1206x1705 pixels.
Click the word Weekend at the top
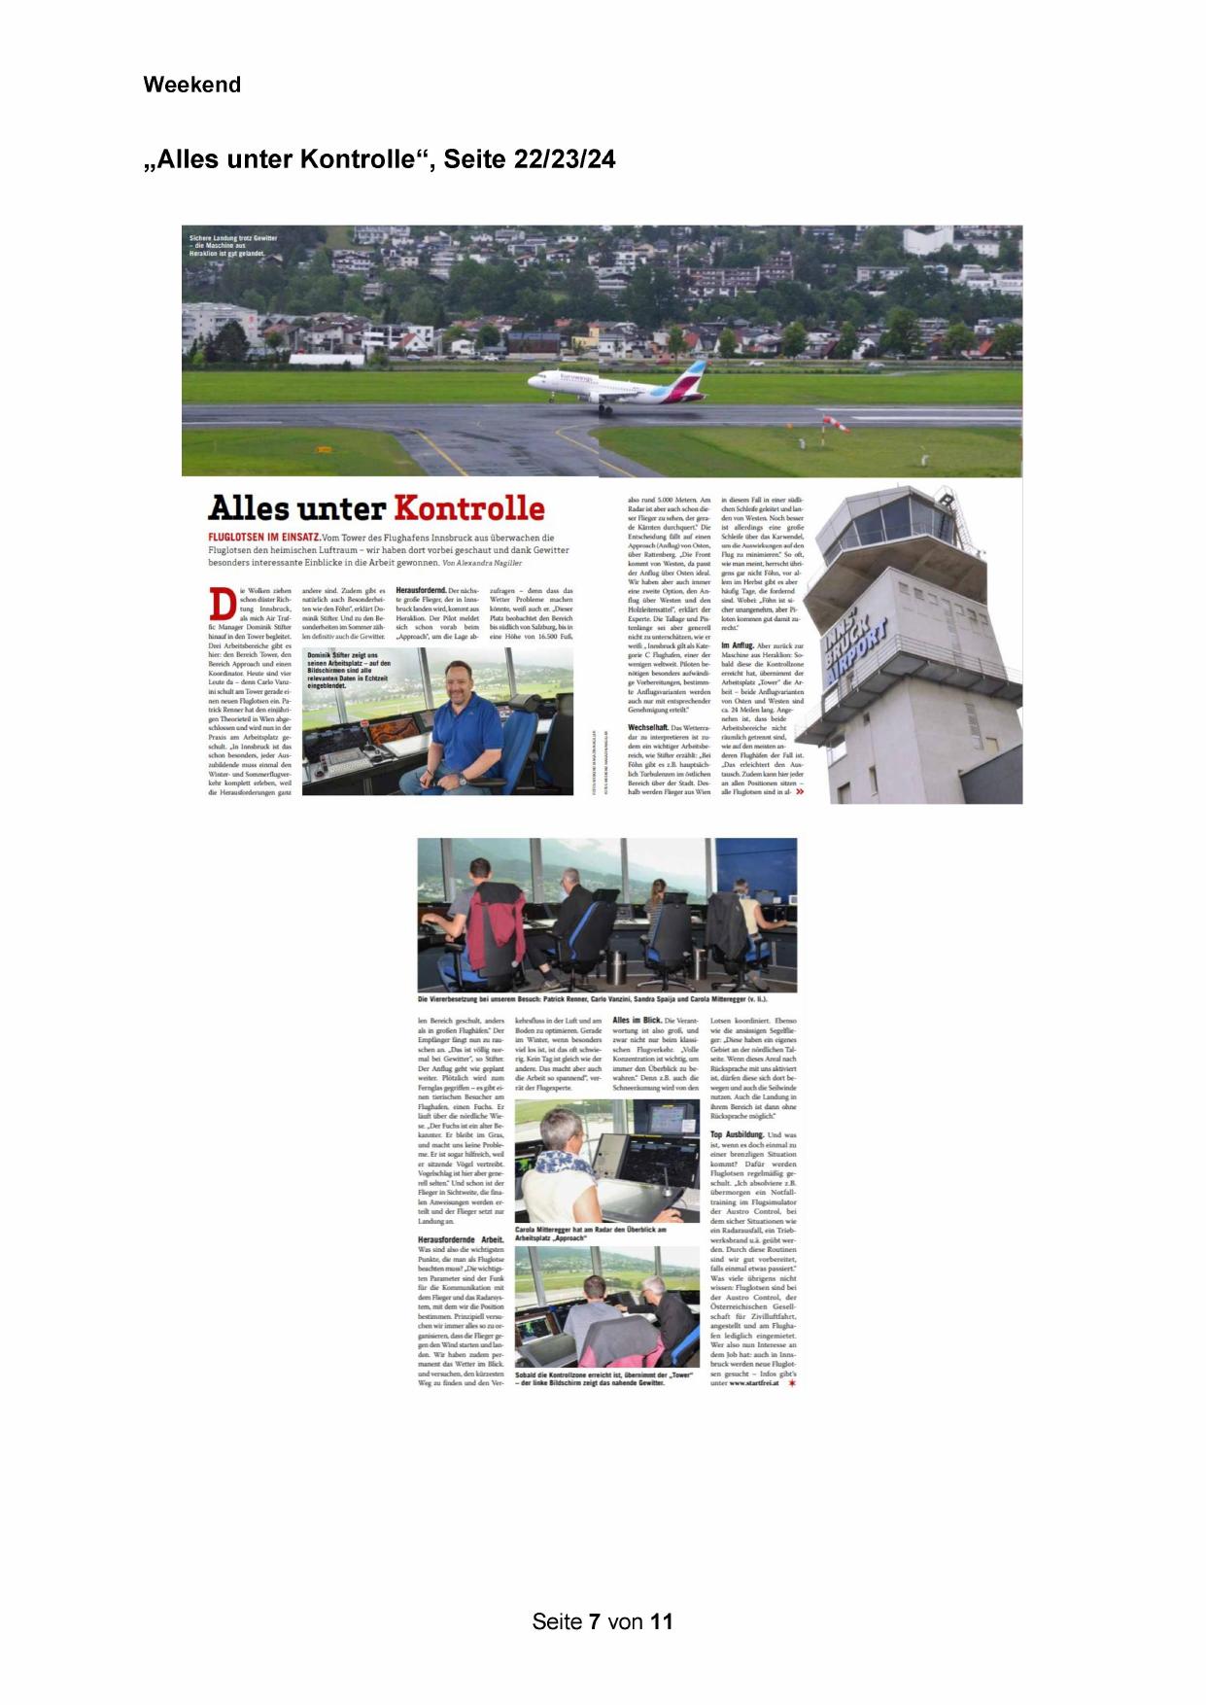pos(191,85)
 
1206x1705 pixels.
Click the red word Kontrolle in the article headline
pos(468,508)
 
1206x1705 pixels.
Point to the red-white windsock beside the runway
pos(834,423)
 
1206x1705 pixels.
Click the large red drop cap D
pos(223,603)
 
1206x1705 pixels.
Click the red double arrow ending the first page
pos(800,792)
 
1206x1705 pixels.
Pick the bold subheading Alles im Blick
pos(636,1021)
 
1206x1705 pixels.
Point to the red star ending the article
pos(792,1383)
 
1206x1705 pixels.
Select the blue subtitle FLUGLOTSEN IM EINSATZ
pos(261,538)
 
